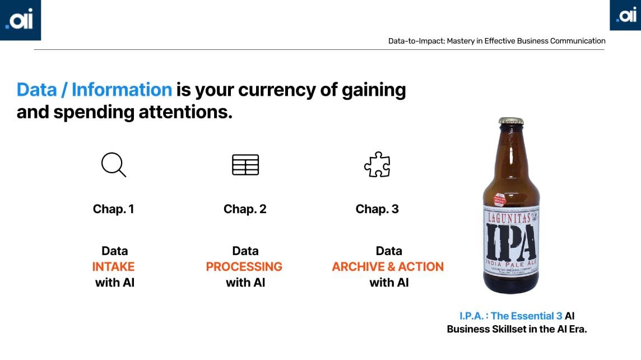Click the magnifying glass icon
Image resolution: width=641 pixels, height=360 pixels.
click(x=113, y=165)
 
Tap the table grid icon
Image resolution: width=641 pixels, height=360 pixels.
click(x=245, y=165)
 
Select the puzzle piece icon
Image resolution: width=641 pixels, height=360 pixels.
click(x=377, y=165)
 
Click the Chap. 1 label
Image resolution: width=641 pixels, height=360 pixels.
click(x=113, y=209)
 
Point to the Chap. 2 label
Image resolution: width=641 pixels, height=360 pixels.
click(x=245, y=209)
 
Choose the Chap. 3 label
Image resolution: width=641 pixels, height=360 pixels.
click(x=377, y=209)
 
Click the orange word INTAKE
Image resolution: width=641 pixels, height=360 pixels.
click(x=114, y=267)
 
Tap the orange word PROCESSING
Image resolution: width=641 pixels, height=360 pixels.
click(x=244, y=267)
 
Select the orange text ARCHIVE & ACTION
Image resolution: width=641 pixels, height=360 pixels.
click(x=388, y=267)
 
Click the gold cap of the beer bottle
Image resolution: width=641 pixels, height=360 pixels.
click(x=511, y=121)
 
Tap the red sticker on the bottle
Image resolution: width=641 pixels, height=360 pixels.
click(x=499, y=199)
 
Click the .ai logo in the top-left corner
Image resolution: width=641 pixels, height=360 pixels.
click(x=20, y=20)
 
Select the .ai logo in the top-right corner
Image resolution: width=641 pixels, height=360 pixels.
click(x=625, y=16)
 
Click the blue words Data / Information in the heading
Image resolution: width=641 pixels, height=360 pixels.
click(x=94, y=90)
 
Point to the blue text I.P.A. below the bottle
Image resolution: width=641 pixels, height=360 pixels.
click(x=473, y=316)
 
